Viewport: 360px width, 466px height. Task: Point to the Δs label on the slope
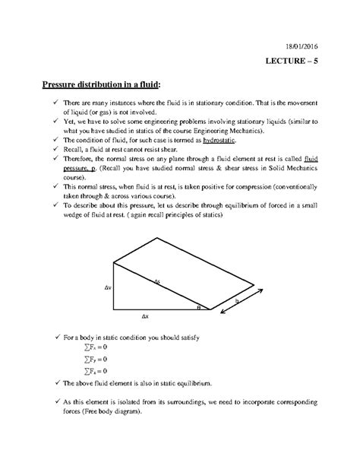[157, 281]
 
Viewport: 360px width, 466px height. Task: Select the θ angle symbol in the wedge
[199, 307]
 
